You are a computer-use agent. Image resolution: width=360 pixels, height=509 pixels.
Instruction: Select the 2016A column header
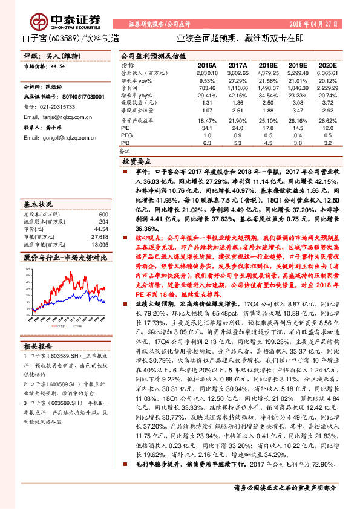[x=207, y=64]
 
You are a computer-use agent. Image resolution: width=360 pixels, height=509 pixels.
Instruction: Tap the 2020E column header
[x=327, y=64]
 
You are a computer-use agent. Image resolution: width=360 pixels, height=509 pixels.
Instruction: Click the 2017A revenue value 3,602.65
[x=238, y=73]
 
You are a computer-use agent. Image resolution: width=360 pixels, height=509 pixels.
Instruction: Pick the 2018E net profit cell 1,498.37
[x=267, y=88]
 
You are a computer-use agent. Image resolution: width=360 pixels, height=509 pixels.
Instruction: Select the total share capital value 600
[x=103, y=215]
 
